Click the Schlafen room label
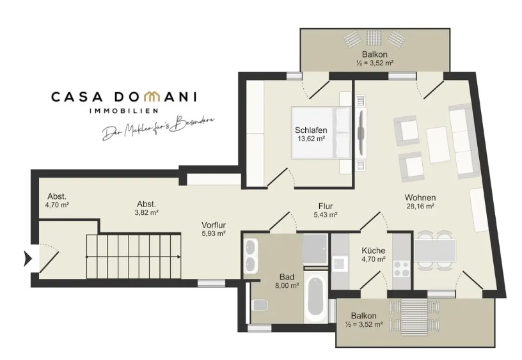(311, 130)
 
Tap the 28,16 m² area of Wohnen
(420, 206)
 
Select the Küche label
(374, 251)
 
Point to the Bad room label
(287, 277)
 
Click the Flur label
(326, 207)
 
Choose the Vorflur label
(214, 225)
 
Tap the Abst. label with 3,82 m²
(146, 204)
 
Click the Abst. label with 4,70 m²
(57, 196)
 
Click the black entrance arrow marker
(28, 258)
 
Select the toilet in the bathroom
(260, 304)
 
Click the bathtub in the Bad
(315, 297)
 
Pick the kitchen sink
(339, 263)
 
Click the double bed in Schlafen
(321, 132)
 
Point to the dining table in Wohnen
(435, 250)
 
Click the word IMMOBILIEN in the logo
(124, 111)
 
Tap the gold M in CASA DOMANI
(154, 97)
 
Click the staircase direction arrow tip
(180, 257)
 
